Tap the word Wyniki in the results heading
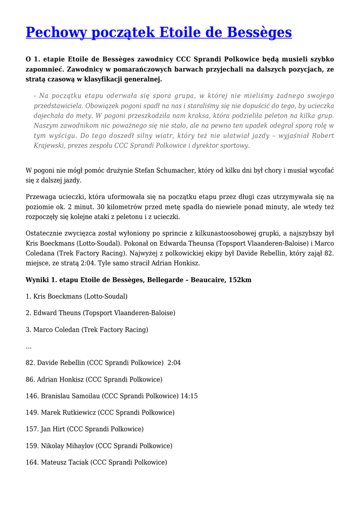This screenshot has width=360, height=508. [x=37, y=280]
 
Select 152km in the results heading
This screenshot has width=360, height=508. [x=240, y=280]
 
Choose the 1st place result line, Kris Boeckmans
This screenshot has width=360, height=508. [x=76, y=296]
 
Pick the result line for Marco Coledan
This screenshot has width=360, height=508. [x=87, y=329]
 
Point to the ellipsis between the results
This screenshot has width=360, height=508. [x=28, y=346]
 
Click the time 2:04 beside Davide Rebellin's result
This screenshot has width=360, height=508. [x=174, y=363]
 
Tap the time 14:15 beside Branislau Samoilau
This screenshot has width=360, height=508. [x=189, y=396]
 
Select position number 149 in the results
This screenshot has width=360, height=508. [x=31, y=412]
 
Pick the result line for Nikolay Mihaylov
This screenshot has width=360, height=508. [x=99, y=445]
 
